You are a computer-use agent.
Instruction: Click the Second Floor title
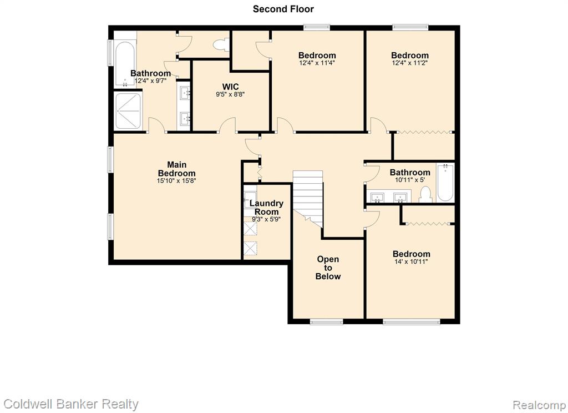(283, 9)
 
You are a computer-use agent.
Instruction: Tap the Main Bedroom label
(177, 169)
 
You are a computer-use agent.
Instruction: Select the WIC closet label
(230, 87)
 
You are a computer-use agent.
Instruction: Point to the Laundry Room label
(266, 208)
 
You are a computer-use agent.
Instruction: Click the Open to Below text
(328, 268)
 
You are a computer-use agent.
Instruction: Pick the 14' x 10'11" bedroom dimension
(411, 262)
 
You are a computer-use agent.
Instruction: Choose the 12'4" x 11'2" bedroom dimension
(410, 63)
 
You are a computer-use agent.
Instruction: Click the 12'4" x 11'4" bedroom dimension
(317, 63)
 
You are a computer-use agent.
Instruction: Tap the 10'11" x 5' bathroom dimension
(410, 179)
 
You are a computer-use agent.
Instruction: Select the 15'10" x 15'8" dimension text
(176, 180)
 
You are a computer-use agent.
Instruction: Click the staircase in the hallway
(307, 198)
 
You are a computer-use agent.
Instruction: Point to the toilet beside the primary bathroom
(221, 45)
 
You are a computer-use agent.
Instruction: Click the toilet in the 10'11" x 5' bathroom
(425, 194)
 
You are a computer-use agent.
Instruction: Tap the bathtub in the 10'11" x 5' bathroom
(445, 183)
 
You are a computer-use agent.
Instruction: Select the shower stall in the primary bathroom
(128, 110)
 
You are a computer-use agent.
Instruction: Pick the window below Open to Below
(326, 321)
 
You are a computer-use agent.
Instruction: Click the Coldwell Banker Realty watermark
(71, 404)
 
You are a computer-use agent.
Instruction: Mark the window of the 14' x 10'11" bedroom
(412, 321)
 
